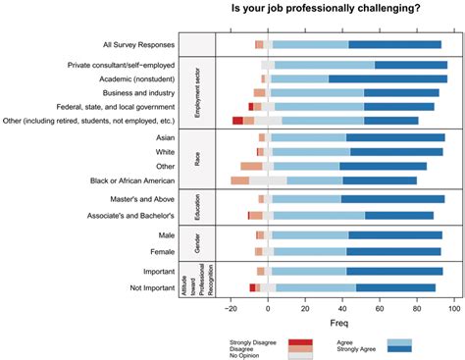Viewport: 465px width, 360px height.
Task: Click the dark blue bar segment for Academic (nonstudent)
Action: pyautogui.click(x=387, y=78)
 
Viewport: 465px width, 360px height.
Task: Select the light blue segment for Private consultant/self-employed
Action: pyautogui.click(x=325, y=65)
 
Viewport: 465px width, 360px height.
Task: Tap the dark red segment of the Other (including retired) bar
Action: pyautogui.click(x=237, y=121)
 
